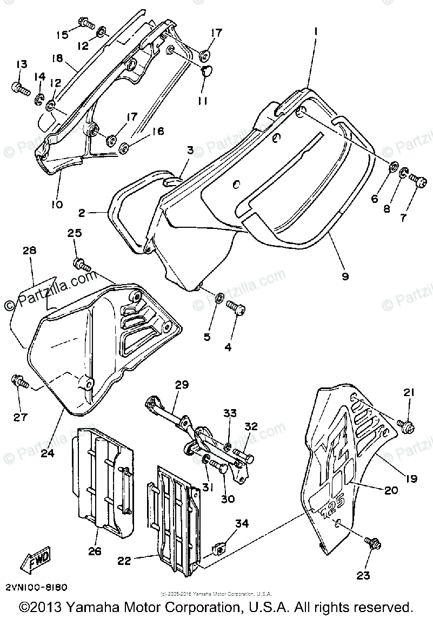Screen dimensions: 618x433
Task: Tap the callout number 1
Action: point(315,32)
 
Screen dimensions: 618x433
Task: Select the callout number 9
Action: point(345,276)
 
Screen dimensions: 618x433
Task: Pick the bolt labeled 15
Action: point(85,23)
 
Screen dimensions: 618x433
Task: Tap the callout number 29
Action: point(182,385)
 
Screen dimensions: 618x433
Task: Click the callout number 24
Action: point(48,453)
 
